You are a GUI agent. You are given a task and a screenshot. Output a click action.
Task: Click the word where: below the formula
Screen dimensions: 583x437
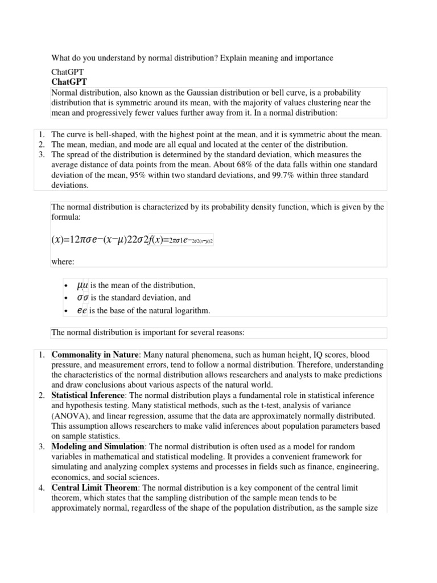click(x=63, y=262)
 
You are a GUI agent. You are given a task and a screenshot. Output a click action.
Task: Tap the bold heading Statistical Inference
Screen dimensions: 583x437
click(x=88, y=395)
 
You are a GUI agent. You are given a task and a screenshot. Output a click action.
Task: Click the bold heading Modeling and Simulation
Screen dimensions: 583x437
click(x=98, y=447)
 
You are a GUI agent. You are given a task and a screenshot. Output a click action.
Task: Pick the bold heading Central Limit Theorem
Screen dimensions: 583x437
click(x=94, y=488)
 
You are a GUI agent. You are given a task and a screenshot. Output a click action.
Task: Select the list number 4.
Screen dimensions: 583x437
click(x=42, y=488)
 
